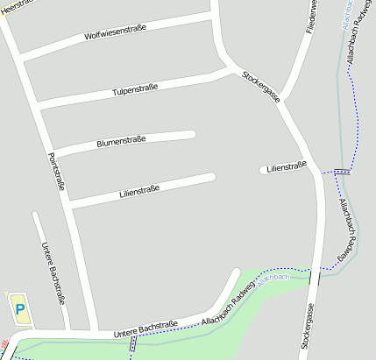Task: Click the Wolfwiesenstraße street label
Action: [115, 33]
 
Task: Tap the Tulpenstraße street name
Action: [135, 89]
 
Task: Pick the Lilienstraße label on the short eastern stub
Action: [287, 166]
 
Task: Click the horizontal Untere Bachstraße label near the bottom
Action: [145, 328]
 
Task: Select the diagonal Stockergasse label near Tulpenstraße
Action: [261, 85]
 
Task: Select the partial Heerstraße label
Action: [14, 5]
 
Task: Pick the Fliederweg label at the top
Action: [310, 17]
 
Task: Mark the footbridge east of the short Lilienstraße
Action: [343, 172]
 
